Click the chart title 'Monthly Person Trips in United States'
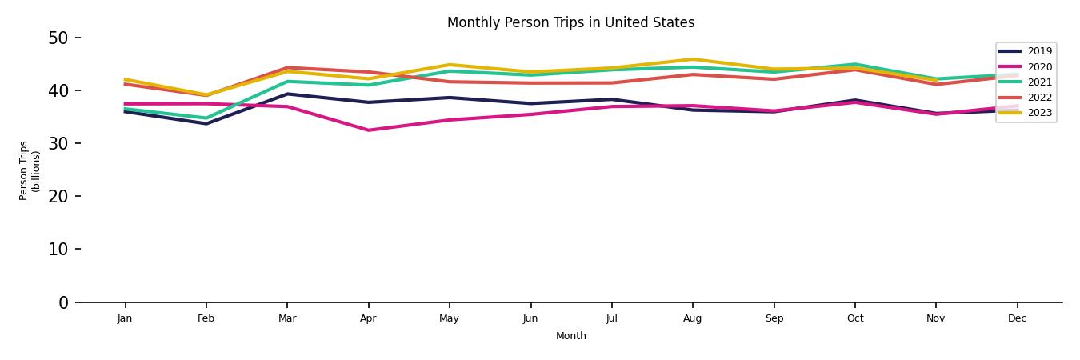(570, 22)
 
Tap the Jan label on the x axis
(125, 318)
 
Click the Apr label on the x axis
(368, 318)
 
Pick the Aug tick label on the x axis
(692, 318)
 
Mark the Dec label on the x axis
(1017, 318)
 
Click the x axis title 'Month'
(570, 336)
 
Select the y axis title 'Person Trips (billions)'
(30, 170)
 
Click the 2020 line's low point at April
(368, 130)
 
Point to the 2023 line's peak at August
(692, 59)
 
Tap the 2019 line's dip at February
(206, 123)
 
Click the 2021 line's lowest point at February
(206, 118)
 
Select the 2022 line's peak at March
(287, 68)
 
